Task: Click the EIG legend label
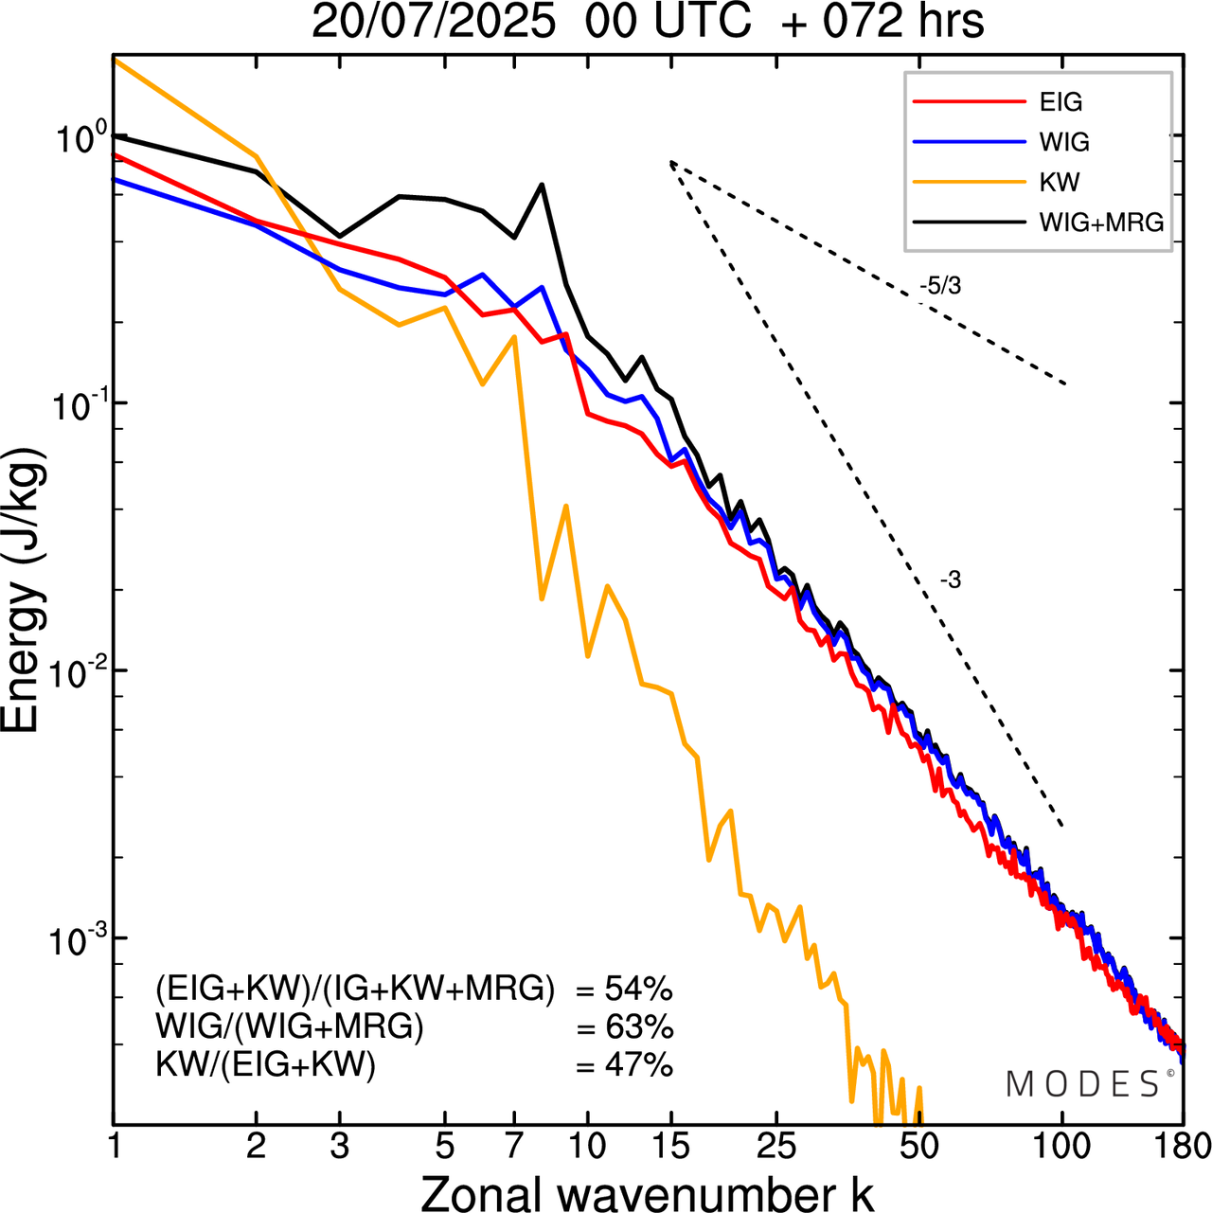coord(1060,102)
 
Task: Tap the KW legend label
coord(1059,182)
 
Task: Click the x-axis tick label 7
coord(514,1146)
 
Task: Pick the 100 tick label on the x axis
coord(1062,1146)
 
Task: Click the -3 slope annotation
coord(950,580)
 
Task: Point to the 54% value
coord(638,990)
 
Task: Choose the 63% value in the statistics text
coord(638,1027)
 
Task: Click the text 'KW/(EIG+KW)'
coord(265,1065)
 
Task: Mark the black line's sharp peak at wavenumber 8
coord(542,185)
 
